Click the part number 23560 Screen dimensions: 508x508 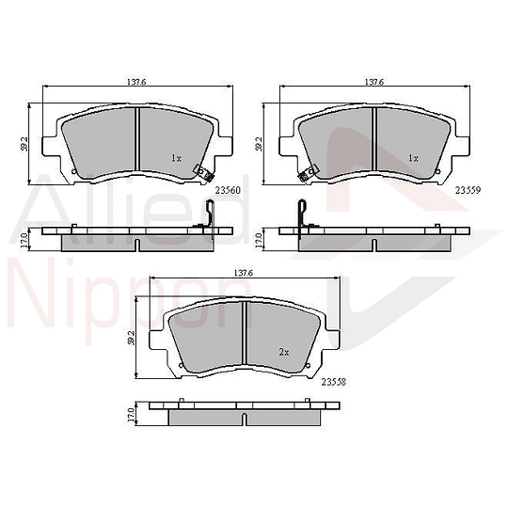pyautogui.click(x=228, y=190)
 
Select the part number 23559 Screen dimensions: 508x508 pyautogui.click(x=468, y=190)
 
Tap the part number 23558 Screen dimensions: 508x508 pyautogui.click(x=334, y=382)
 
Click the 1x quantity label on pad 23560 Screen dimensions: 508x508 pyautogui.click(x=177, y=158)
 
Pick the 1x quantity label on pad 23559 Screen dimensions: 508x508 pyautogui.click(x=413, y=158)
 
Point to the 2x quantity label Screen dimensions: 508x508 pyautogui.click(x=284, y=352)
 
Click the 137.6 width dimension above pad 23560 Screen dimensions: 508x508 pyautogui.click(x=136, y=82)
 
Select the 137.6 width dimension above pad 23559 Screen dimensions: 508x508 pyautogui.click(x=374, y=82)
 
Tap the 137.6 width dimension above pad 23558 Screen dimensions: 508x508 pyautogui.click(x=243, y=274)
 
